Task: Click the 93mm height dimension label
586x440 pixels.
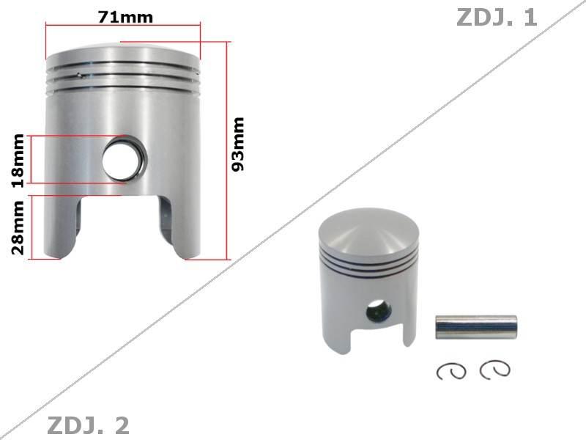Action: [238, 144]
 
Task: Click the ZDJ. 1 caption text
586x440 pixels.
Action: [497, 17]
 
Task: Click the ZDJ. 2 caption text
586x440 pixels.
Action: [88, 425]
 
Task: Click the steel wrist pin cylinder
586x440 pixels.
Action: [476, 327]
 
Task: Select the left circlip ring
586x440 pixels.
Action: [451, 371]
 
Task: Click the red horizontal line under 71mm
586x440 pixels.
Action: [123, 26]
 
